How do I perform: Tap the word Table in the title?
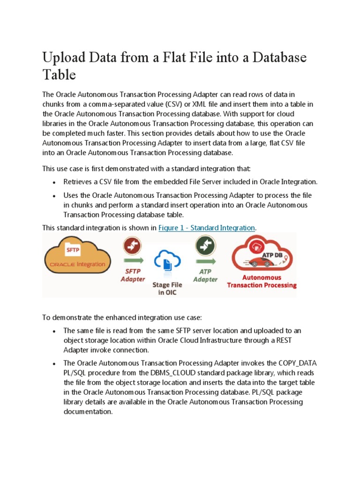pos(59,75)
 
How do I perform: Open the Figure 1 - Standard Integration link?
pos(207,228)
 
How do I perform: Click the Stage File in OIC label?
pos(168,288)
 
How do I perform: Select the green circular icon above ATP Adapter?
pos(205,245)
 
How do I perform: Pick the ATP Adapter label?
pos(205,276)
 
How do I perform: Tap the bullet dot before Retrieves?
pos(55,182)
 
